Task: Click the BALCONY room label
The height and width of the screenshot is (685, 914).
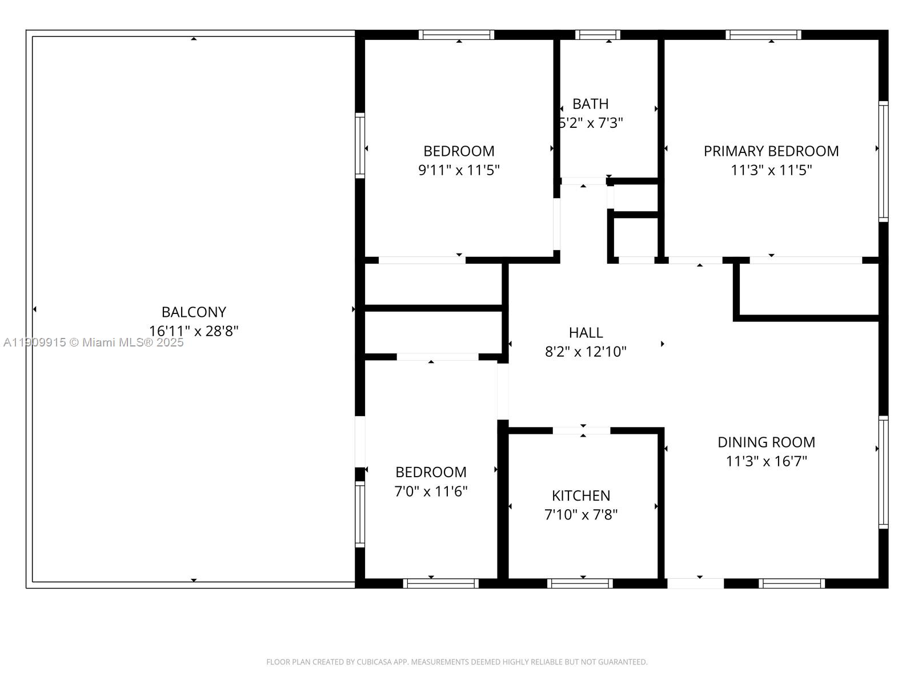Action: (194, 312)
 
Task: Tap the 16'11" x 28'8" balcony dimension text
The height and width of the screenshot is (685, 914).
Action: (194, 331)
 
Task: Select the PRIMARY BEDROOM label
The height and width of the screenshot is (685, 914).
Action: (771, 151)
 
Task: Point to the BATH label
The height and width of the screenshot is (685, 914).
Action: (590, 104)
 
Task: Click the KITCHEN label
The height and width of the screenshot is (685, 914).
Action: (581, 495)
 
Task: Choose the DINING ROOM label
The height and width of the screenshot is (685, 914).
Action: (766, 442)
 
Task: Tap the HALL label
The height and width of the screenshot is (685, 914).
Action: (586, 332)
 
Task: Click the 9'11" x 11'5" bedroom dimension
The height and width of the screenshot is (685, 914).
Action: (459, 170)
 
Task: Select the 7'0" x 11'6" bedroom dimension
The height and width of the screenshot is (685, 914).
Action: (431, 491)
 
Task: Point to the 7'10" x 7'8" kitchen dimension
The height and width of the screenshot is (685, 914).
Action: (581, 514)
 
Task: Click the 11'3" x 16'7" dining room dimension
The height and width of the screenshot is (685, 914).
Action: (766, 461)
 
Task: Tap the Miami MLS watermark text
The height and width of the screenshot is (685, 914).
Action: (93, 342)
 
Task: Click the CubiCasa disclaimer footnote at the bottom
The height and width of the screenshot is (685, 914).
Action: (456, 662)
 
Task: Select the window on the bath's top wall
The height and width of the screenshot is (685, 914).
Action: (598, 35)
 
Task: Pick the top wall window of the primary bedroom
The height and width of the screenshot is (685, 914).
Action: (763, 35)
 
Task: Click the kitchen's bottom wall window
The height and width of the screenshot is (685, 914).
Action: (580, 583)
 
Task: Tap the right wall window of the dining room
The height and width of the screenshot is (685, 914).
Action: (883, 473)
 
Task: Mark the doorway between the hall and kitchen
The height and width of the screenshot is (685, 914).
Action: (582, 431)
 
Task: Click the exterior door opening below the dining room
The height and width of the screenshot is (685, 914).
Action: (695, 583)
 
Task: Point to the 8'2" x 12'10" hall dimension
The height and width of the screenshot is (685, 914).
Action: (586, 352)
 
